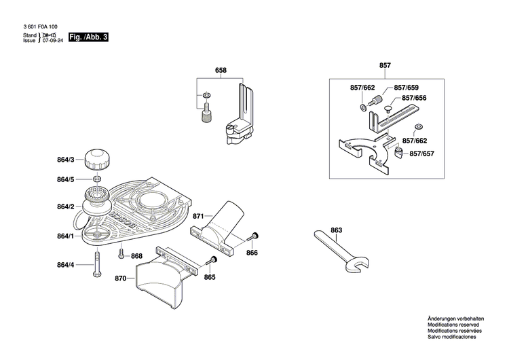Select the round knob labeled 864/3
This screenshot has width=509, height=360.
point(96,160)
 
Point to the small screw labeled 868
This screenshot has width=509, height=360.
point(121,255)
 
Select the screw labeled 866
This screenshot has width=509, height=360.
point(253,236)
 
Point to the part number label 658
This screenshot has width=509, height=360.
point(221,71)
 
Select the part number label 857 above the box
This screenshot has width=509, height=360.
point(385,65)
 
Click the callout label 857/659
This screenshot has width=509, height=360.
point(407,88)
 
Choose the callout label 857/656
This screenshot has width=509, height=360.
point(415,98)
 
